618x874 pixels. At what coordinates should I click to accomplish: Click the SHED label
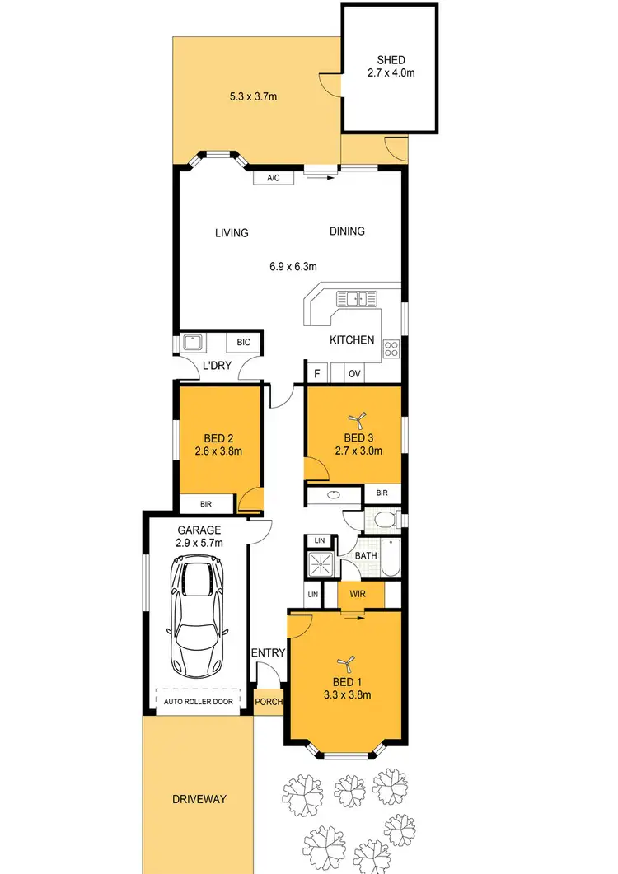tap(391, 60)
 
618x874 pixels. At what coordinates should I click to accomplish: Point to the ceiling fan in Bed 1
tap(346, 661)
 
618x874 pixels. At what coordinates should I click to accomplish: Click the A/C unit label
tap(274, 178)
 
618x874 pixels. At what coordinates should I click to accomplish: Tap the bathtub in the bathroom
tap(391, 557)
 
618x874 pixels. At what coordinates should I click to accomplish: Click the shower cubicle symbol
tap(317, 565)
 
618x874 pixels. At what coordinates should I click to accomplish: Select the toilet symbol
tap(382, 519)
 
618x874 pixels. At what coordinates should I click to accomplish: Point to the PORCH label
tap(269, 703)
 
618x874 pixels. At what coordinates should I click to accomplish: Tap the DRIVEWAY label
tap(199, 799)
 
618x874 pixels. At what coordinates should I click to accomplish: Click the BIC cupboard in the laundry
tap(244, 342)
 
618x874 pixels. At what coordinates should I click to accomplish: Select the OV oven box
tap(355, 374)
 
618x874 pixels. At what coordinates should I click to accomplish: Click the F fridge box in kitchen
tap(316, 374)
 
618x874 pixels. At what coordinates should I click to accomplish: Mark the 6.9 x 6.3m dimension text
tap(293, 266)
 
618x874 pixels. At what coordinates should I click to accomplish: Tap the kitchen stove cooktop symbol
tap(391, 348)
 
